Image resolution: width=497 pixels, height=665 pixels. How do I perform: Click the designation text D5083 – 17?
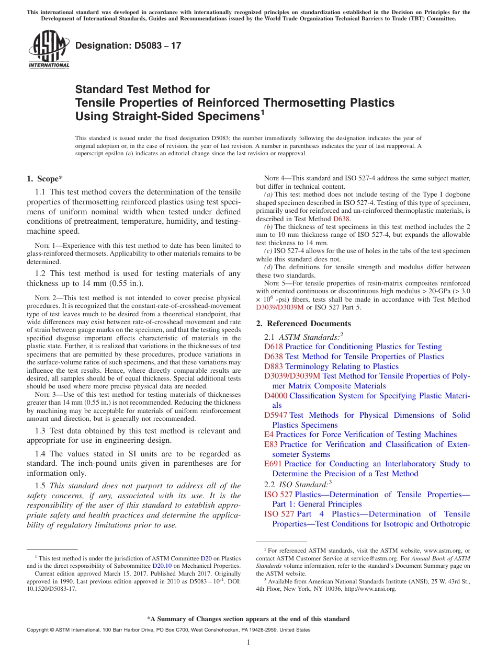coord(128,45)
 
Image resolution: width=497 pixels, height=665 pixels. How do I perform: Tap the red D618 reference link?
coord(274,347)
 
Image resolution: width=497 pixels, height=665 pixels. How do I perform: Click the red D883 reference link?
coord(274,366)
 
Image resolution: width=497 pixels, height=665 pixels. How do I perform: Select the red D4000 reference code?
coord(276,396)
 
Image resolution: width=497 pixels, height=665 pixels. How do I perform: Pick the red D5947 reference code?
coord(276,415)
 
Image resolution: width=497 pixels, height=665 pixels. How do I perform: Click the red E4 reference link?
coord(269,434)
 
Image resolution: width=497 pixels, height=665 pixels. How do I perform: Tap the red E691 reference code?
coord(273,464)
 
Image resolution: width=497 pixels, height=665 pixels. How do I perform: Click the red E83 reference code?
coord(271,444)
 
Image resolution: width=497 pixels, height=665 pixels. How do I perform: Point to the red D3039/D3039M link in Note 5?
coord(280,307)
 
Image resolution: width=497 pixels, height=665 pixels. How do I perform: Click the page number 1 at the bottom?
coord(249,642)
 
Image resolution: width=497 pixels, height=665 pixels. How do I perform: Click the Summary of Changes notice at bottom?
coord(248,619)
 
